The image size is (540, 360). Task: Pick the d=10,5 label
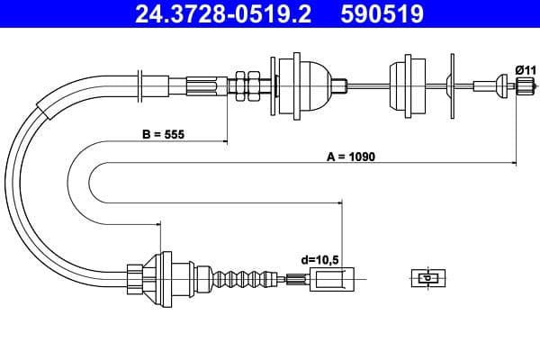(319, 260)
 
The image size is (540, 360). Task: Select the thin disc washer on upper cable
(449, 85)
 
